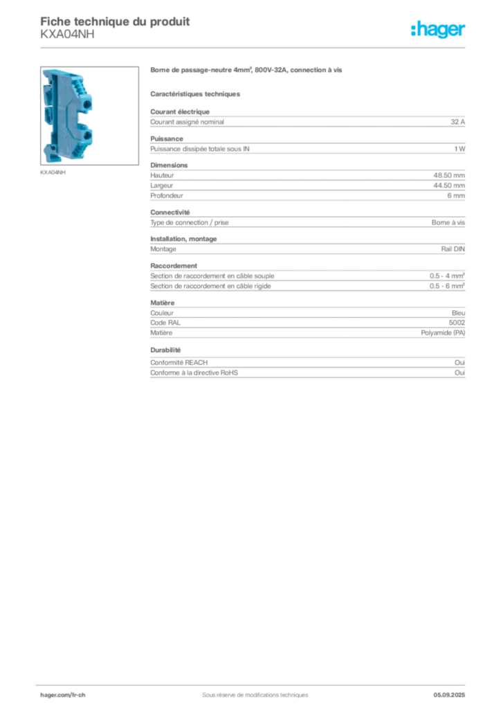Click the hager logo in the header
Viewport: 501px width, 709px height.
coord(438,29)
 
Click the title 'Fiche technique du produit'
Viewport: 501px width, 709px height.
coord(115,21)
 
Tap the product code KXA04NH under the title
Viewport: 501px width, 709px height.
coord(67,35)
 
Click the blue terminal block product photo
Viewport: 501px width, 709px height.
coord(89,116)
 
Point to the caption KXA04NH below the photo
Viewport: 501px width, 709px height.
coord(53,172)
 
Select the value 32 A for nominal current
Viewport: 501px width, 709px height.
coord(457,122)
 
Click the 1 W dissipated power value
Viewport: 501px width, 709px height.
coord(459,149)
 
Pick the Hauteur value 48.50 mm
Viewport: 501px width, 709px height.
coord(449,175)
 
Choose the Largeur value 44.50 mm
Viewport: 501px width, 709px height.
coord(449,186)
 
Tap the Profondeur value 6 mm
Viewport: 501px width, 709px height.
coord(456,195)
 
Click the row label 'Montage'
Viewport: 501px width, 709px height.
coord(163,249)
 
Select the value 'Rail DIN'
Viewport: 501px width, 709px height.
coord(453,249)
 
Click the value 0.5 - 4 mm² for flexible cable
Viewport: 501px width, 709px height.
coord(447,276)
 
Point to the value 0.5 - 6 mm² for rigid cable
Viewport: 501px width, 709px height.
coord(447,286)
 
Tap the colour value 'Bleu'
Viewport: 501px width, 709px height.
coord(458,313)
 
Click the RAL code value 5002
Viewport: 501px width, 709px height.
coord(457,323)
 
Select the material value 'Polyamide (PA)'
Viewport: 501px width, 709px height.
coord(443,333)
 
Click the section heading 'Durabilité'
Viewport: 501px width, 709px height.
coord(165,350)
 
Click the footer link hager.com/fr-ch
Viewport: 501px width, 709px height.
coord(63,695)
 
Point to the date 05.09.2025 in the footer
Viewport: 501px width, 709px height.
coord(449,695)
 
